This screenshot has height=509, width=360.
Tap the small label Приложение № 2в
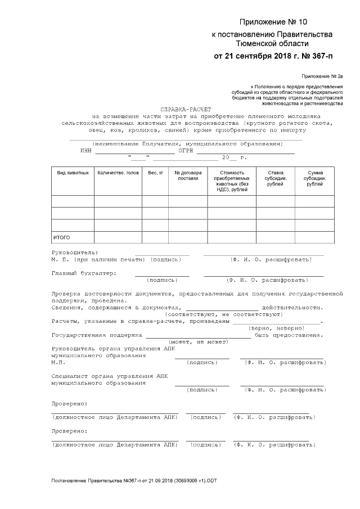pos(322,76)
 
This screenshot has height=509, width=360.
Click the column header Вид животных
pos(73,173)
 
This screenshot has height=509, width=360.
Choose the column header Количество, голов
pos(118,173)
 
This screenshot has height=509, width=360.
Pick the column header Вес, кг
pos(155,173)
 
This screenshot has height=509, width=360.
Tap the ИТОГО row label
pos(62,237)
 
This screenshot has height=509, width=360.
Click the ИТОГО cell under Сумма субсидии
pos(314,237)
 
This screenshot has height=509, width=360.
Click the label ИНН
pos(85,151)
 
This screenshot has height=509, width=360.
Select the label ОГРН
pos(186,151)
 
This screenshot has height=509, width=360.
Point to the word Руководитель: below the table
pos(74,253)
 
